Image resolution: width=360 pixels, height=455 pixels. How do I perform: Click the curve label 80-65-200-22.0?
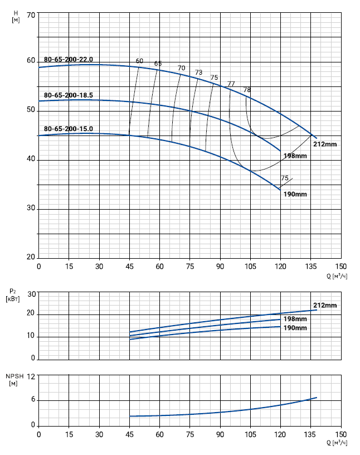(68, 59)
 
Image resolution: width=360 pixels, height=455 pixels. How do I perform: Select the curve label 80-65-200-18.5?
(68, 95)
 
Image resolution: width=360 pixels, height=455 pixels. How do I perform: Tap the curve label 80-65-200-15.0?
(68, 129)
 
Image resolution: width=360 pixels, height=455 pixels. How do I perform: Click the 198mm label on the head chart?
(295, 156)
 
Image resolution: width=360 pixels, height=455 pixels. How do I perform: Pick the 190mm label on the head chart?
(295, 194)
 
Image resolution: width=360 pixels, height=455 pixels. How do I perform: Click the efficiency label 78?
(247, 90)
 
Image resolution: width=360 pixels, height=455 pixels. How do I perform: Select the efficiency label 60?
(139, 61)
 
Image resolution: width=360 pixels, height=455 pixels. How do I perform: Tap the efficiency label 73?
(199, 72)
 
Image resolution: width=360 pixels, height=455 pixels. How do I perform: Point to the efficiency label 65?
(158, 64)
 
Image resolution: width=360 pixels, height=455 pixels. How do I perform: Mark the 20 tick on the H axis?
(31, 258)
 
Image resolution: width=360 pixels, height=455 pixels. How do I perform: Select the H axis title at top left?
(16, 16)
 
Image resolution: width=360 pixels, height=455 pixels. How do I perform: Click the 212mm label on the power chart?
(325, 306)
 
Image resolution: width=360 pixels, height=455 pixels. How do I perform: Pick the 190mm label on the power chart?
(295, 328)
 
